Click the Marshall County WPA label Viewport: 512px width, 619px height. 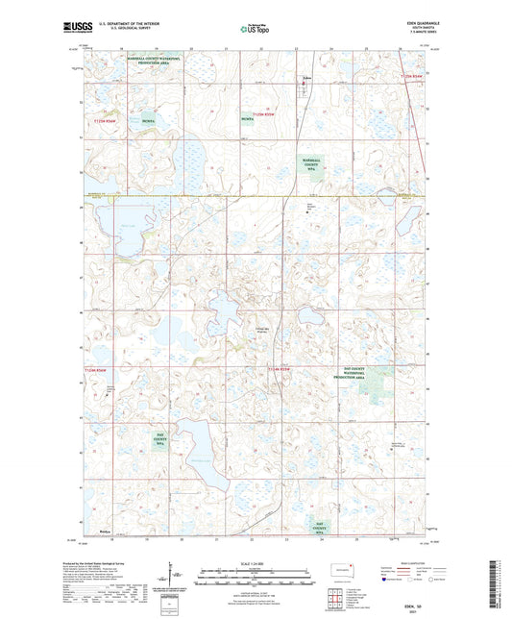click(x=310, y=165)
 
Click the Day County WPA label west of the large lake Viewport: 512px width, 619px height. click(x=160, y=440)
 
